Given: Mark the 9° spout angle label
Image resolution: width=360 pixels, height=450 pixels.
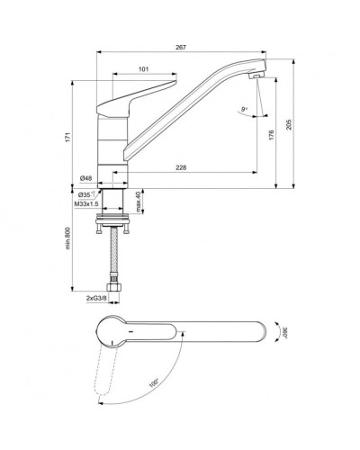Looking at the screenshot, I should coord(243,109).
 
